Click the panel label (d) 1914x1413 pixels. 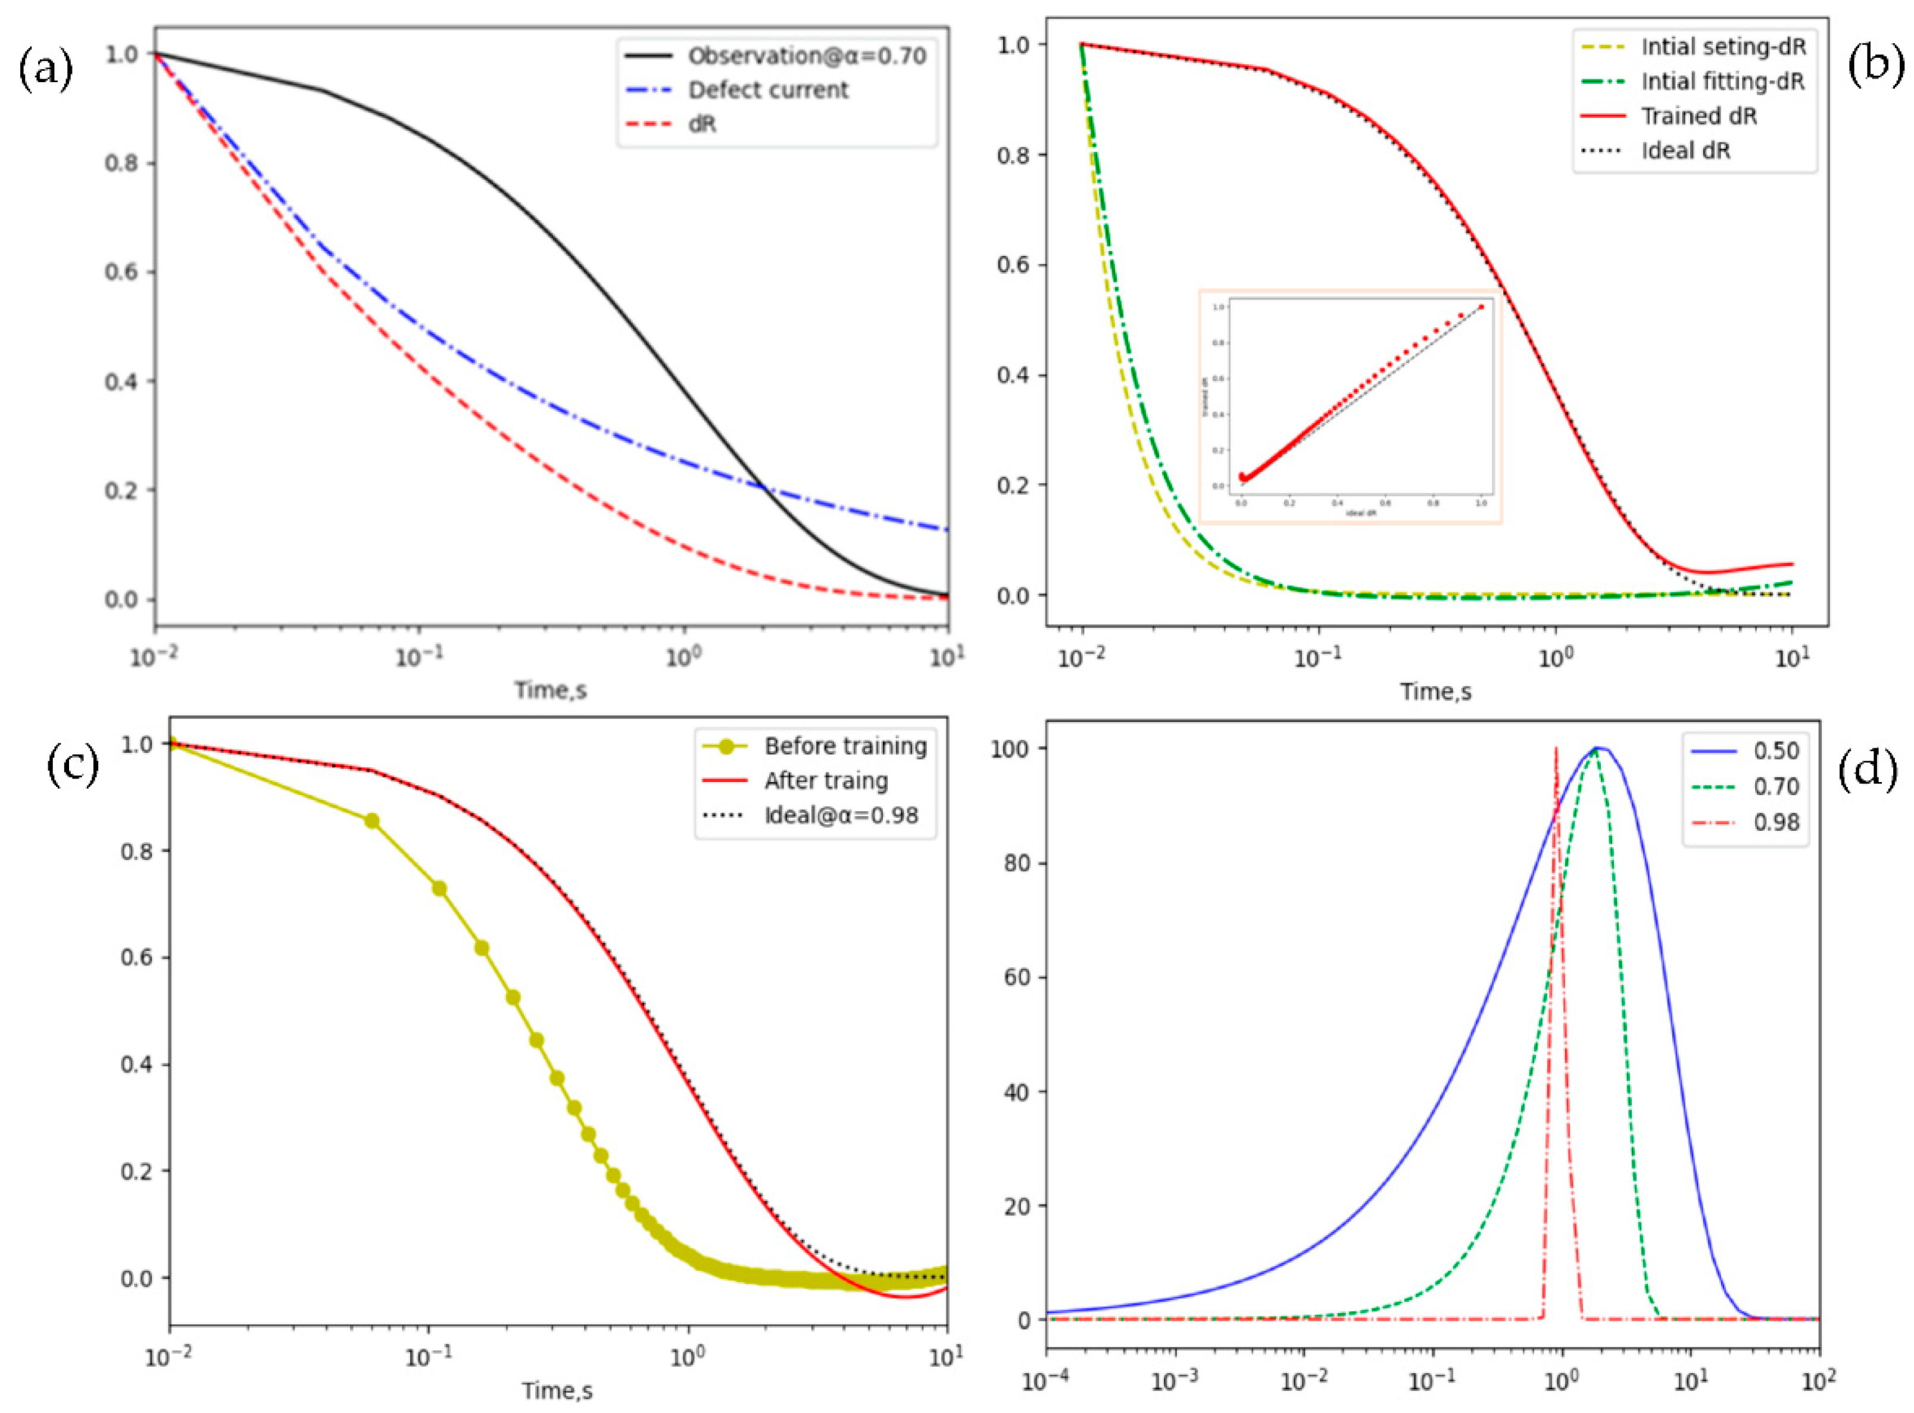tap(1868, 767)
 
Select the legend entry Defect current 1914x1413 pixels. tap(767, 90)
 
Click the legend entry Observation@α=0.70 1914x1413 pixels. tap(806, 55)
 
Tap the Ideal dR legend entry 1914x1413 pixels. tap(1685, 151)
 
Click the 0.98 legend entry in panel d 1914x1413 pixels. tap(1775, 822)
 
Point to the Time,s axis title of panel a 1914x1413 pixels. tap(550, 689)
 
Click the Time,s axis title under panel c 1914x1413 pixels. tap(557, 1390)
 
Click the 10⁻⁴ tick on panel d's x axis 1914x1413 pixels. tap(1045, 1380)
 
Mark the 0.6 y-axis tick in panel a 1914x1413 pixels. tap(121, 272)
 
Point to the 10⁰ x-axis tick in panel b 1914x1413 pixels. tap(1554, 659)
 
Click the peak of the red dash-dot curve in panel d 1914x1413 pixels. tap(1556, 750)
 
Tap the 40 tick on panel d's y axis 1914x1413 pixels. tap(1015, 1092)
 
